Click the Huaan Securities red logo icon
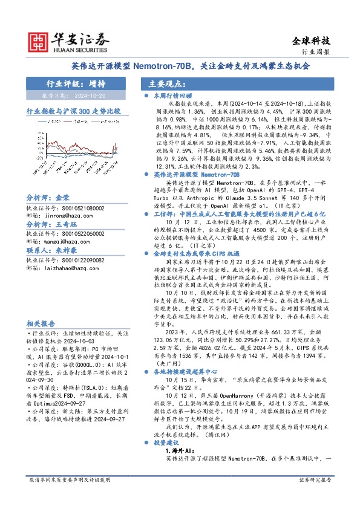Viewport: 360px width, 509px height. pyautogui.click(x=38, y=41)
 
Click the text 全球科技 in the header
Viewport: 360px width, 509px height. pyautogui.click(x=312, y=41)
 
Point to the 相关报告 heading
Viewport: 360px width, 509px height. pyautogui.click(x=41, y=323)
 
